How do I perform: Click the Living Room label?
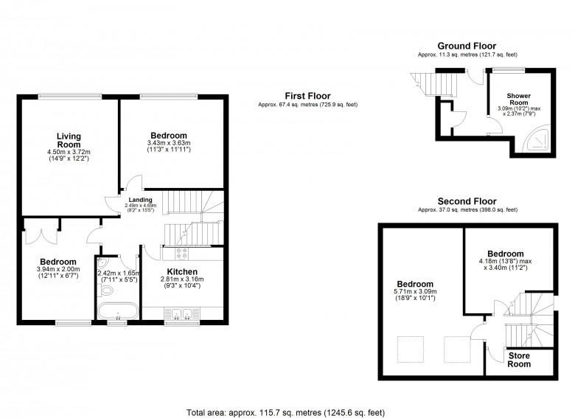pos(69,140)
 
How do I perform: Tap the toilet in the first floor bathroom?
pos(105,290)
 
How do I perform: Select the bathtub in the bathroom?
pos(118,311)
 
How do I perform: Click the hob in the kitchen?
pos(182,254)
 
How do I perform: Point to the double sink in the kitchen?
pos(182,314)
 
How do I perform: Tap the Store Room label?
pos(519,360)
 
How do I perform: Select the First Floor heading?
pos(307,96)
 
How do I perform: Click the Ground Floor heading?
pos(467,46)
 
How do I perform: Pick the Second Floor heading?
pos(467,201)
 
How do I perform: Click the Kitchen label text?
pos(182,272)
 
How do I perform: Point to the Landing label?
pos(141,200)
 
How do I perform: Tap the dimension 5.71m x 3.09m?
pos(415,291)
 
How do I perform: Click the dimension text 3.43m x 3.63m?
pos(169,142)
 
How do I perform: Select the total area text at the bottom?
pos(286,413)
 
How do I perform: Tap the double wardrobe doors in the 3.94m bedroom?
pos(41,237)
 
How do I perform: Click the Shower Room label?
pos(519,99)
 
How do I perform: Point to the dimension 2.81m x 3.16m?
pos(182,279)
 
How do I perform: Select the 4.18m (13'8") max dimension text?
pos(505,261)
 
